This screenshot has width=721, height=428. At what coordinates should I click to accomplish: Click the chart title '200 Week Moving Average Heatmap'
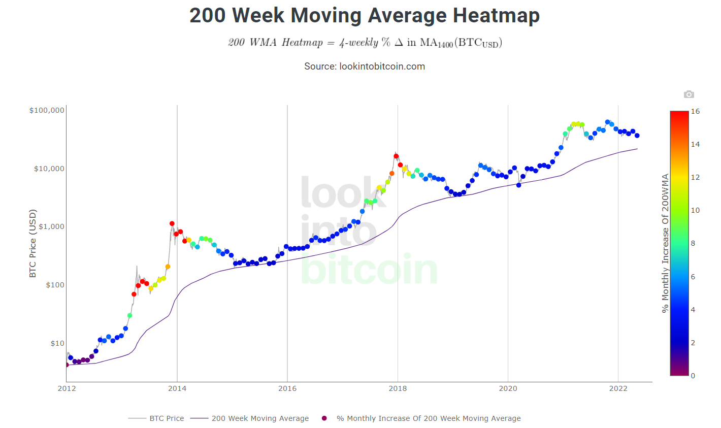click(x=364, y=15)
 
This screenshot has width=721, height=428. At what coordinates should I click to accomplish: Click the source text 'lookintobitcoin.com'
click(x=382, y=67)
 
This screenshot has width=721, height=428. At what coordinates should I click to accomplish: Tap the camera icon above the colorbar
click(x=689, y=94)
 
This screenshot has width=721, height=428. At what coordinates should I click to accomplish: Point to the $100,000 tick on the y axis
click(x=47, y=110)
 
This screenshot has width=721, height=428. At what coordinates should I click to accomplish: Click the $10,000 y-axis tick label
click(x=49, y=169)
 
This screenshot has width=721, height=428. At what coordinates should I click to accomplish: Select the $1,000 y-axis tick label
click(x=51, y=226)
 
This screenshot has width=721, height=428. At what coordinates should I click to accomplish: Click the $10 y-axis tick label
click(x=57, y=343)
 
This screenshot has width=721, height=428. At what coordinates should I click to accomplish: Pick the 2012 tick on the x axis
click(x=67, y=388)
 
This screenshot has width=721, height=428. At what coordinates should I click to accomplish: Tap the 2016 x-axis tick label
click(x=287, y=388)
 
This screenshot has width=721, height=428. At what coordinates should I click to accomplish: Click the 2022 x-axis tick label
click(x=618, y=388)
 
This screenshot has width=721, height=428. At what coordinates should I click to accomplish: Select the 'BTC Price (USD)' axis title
click(x=32, y=243)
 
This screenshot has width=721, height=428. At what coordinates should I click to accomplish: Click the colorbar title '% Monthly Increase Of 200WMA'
click(x=665, y=243)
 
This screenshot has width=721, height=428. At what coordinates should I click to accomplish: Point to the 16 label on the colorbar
click(x=695, y=111)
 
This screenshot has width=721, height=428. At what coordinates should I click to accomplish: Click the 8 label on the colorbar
click(x=693, y=244)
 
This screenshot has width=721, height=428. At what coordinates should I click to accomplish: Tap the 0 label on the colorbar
click(x=693, y=376)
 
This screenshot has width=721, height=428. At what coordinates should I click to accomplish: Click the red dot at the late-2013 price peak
click(x=172, y=223)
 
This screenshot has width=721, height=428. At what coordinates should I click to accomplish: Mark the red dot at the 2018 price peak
click(x=396, y=156)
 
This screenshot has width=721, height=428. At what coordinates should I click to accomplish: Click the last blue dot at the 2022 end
click(x=637, y=136)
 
